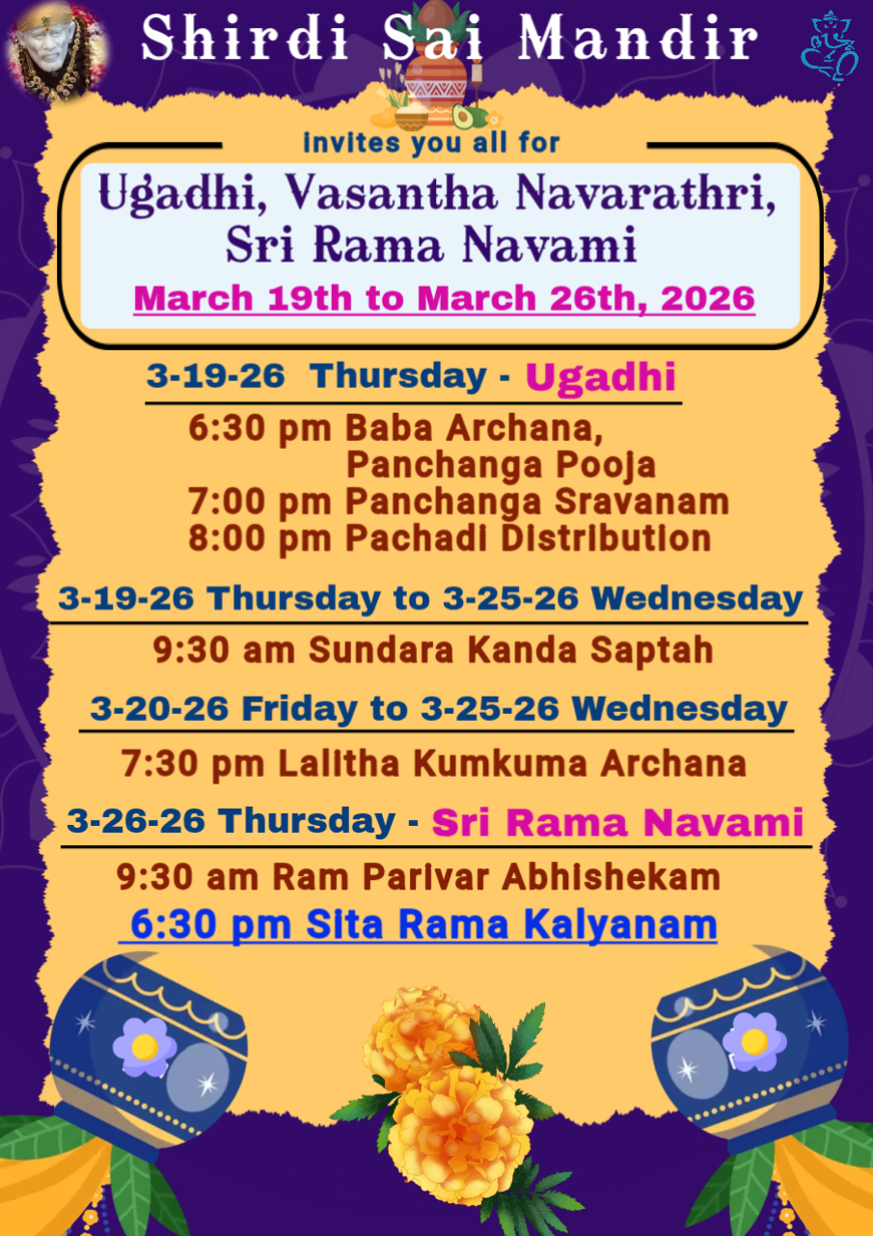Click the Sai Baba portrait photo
[57, 52]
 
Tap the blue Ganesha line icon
[831, 47]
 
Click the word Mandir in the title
[638, 38]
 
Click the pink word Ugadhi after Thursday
[600, 377]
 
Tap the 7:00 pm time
[259, 502]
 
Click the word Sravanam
[641, 502]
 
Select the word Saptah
[652, 649]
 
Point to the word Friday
[299, 708]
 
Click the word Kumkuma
[501, 763]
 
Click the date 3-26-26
[136, 820]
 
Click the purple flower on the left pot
[145, 1047]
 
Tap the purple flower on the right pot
[754, 1042]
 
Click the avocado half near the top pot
[462, 117]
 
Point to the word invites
[351, 144]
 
